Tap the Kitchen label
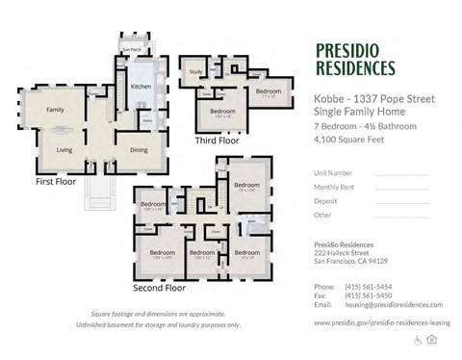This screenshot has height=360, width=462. coord(141,87)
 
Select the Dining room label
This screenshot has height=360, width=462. coord(139,149)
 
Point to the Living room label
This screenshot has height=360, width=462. coord(64,150)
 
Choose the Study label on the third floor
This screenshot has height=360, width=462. coord(195,72)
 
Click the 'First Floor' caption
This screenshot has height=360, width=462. coord(56,181)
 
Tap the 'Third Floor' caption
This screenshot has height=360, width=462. coord(217,141)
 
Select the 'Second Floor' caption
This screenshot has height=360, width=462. coord(158,287)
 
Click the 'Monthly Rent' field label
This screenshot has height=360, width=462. coord(332,187)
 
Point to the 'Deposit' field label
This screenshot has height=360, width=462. coord(325,201)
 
